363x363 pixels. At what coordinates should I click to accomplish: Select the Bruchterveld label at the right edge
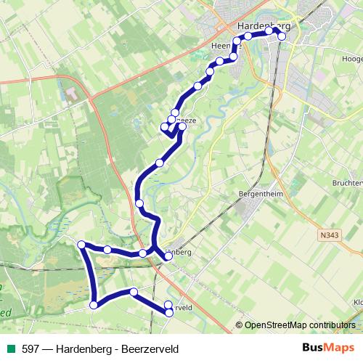coord(350,183)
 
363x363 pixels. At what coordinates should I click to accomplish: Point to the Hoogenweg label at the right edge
coord(351,58)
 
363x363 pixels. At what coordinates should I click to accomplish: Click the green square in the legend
coord(11,348)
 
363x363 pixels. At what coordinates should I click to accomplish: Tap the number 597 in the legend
coord(30,348)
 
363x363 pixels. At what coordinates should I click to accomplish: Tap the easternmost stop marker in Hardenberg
coord(282,36)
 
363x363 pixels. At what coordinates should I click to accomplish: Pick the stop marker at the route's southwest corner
coord(93,305)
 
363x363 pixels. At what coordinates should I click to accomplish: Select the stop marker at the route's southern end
coord(169,313)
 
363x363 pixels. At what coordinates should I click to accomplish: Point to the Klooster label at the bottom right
coord(356,301)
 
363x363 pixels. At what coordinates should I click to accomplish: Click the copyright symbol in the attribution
coord(240,325)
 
